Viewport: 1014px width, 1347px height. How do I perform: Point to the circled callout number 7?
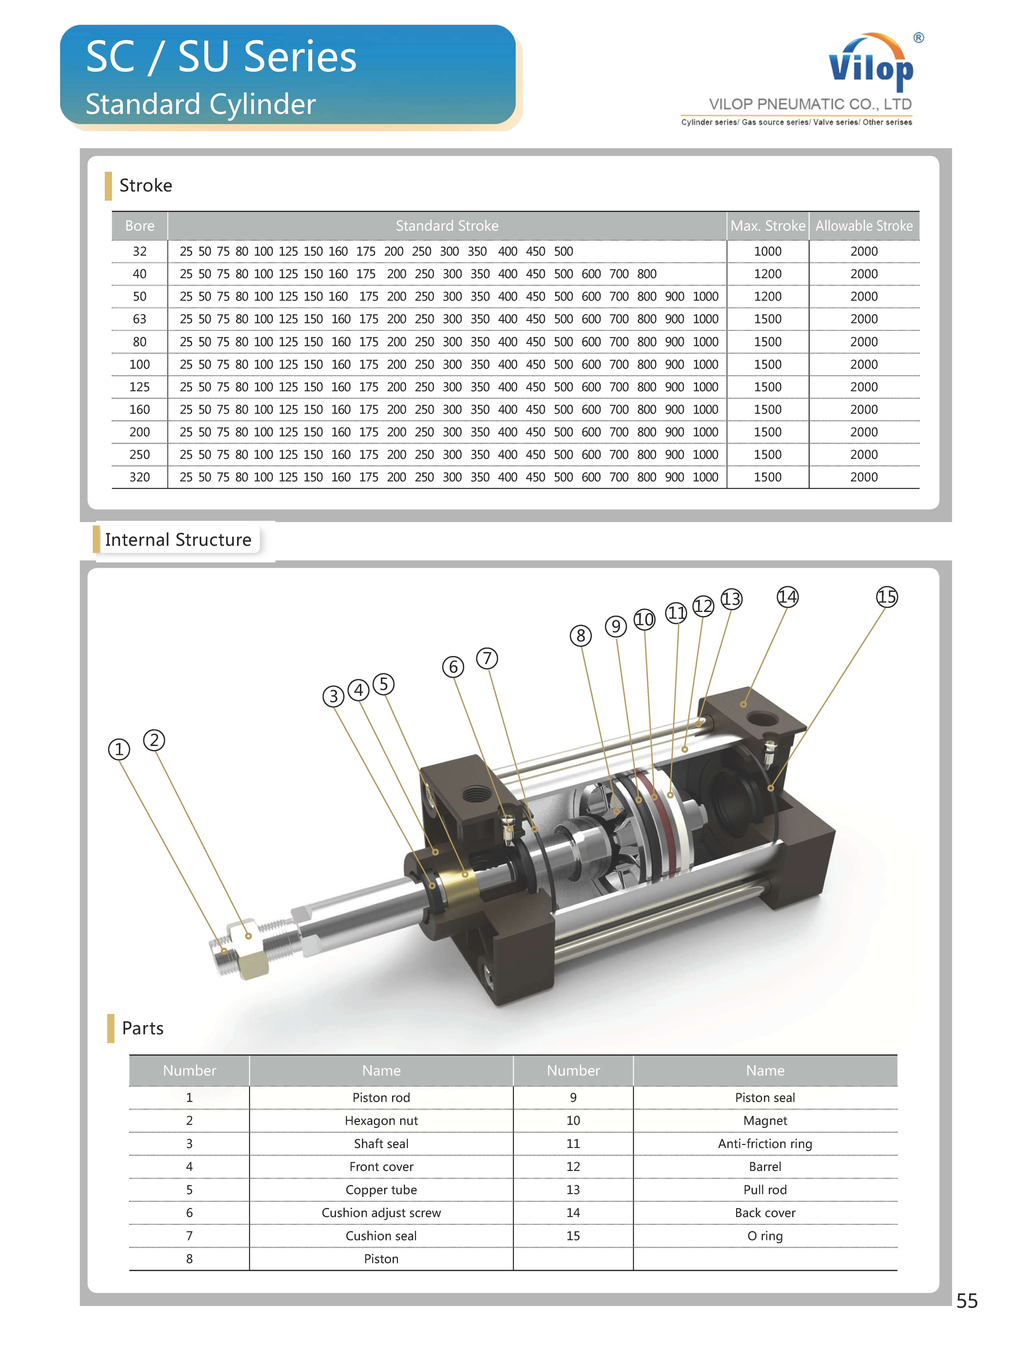(x=487, y=658)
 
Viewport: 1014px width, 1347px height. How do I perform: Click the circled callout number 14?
(x=787, y=597)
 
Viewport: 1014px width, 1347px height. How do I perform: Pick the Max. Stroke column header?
(x=767, y=226)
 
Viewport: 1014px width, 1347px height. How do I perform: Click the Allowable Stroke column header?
(x=863, y=226)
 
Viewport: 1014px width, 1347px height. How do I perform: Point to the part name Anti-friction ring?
(x=765, y=1144)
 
